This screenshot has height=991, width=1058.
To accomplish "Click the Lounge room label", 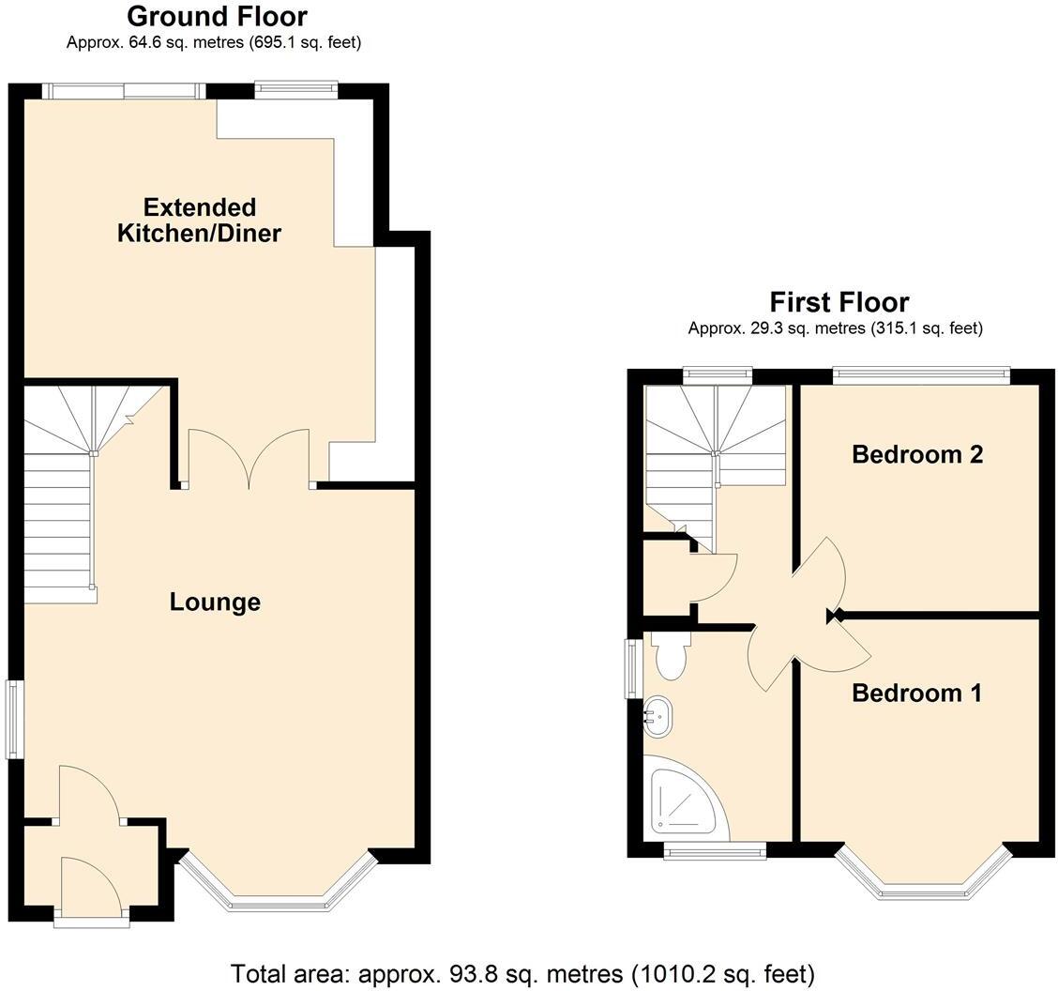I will click(x=215, y=602).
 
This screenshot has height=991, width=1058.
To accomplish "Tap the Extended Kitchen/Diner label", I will click(x=199, y=220).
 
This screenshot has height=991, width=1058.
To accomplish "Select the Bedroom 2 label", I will click(x=916, y=454).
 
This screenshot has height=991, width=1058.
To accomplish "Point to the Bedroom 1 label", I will click(x=916, y=693).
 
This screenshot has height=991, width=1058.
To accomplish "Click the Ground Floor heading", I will click(x=217, y=16).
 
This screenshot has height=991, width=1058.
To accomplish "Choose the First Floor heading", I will click(x=839, y=302).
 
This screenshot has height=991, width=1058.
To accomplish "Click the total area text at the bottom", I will click(x=522, y=973).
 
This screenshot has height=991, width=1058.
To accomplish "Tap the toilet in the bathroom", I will click(x=671, y=656).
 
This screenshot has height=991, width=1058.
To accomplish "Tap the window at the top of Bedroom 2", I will click(x=921, y=375).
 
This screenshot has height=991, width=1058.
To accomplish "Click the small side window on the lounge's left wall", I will click(x=14, y=719).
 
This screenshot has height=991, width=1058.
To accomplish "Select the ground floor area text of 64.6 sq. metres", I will click(x=214, y=42).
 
